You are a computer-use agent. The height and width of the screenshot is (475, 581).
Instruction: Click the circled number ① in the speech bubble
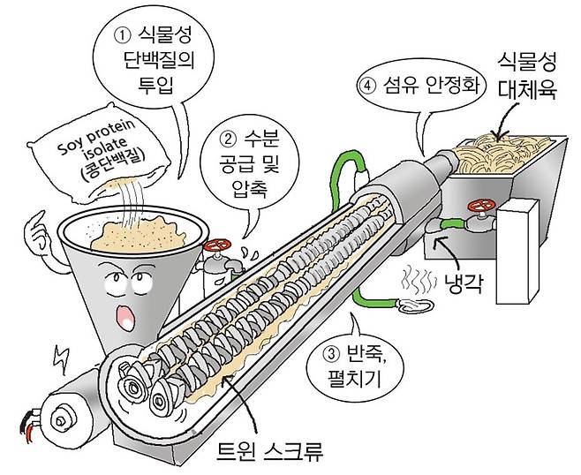pyautogui.click(x=123, y=37)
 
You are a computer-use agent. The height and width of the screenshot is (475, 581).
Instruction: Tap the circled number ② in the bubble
pyautogui.click(x=227, y=139)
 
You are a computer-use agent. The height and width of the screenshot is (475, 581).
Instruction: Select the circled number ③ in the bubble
pyautogui.click(x=331, y=357)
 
